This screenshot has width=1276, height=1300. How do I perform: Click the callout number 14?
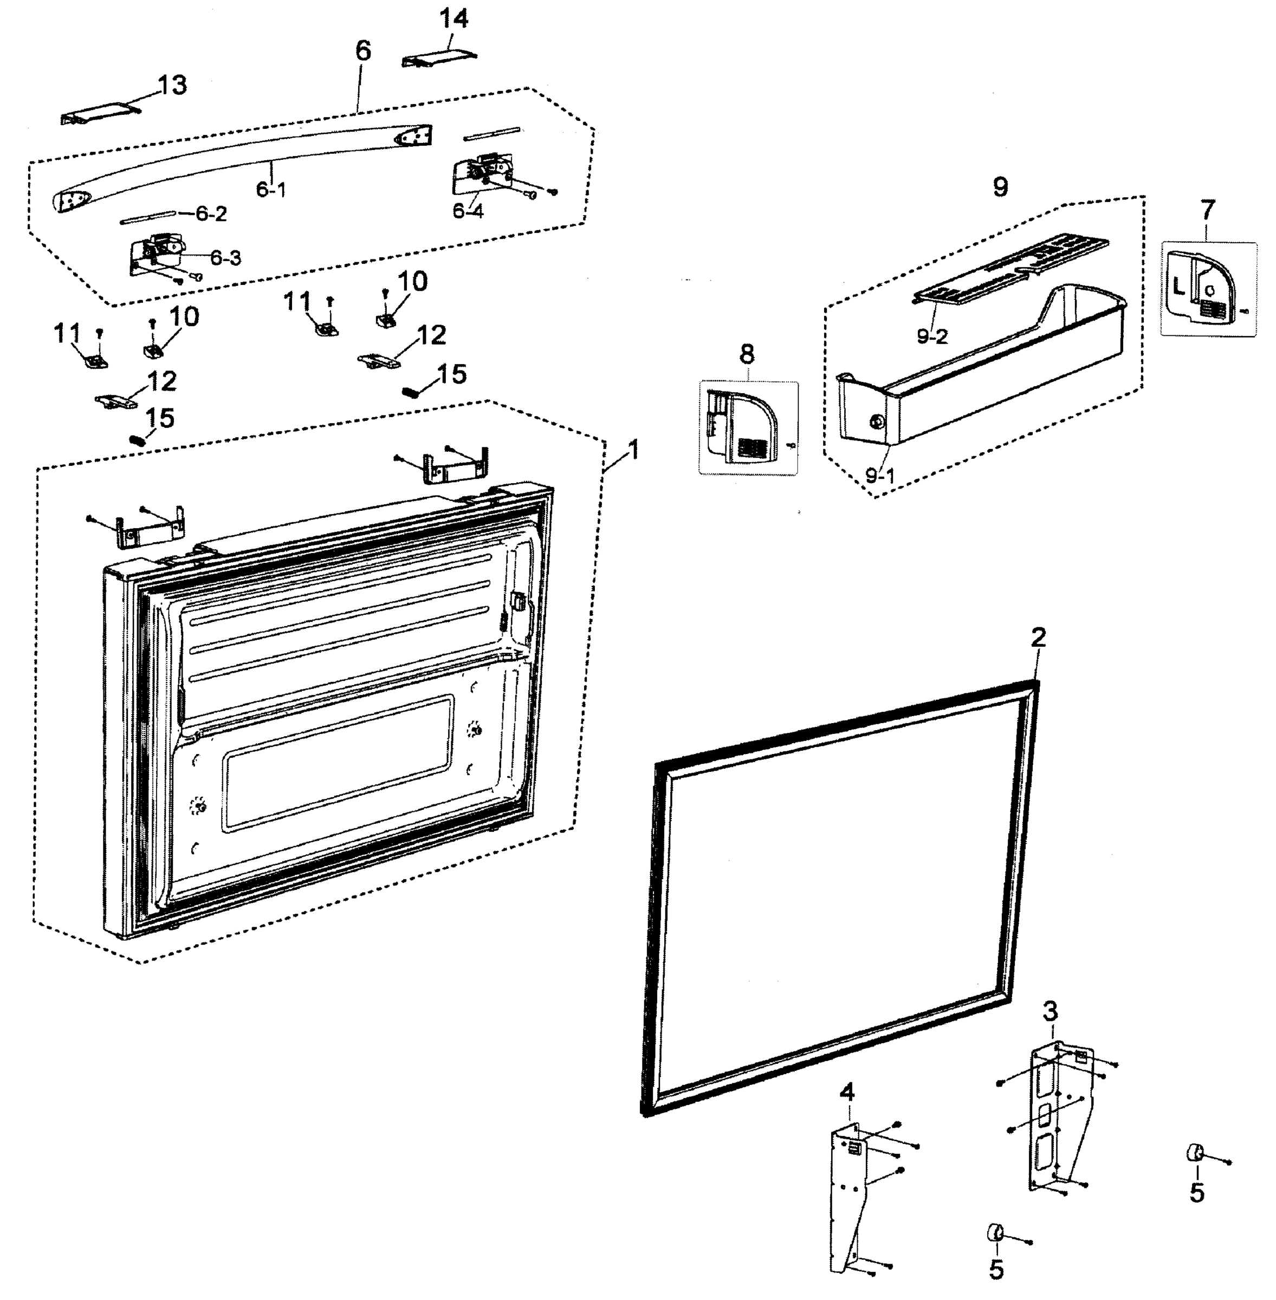click(x=454, y=19)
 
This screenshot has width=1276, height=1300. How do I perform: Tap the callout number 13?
click(x=172, y=85)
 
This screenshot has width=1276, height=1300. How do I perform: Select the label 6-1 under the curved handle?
click(x=271, y=190)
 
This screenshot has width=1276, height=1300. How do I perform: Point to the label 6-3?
click(x=225, y=258)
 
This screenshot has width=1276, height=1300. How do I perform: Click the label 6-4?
click(x=467, y=211)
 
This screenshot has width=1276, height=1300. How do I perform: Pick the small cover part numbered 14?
click(x=439, y=60)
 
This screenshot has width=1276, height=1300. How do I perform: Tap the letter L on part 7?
click(x=1178, y=289)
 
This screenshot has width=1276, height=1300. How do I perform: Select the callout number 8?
click(x=747, y=354)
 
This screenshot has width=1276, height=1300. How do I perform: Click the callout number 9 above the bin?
click(x=1000, y=187)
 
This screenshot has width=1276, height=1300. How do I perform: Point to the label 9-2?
click(x=932, y=336)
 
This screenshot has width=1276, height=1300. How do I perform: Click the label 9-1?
click(x=880, y=476)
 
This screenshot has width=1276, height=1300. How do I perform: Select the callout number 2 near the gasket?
click(x=1038, y=637)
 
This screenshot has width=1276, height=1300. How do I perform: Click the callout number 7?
click(x=1207, y=210)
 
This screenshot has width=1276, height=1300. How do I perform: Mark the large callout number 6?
click(x=362, y=50)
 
